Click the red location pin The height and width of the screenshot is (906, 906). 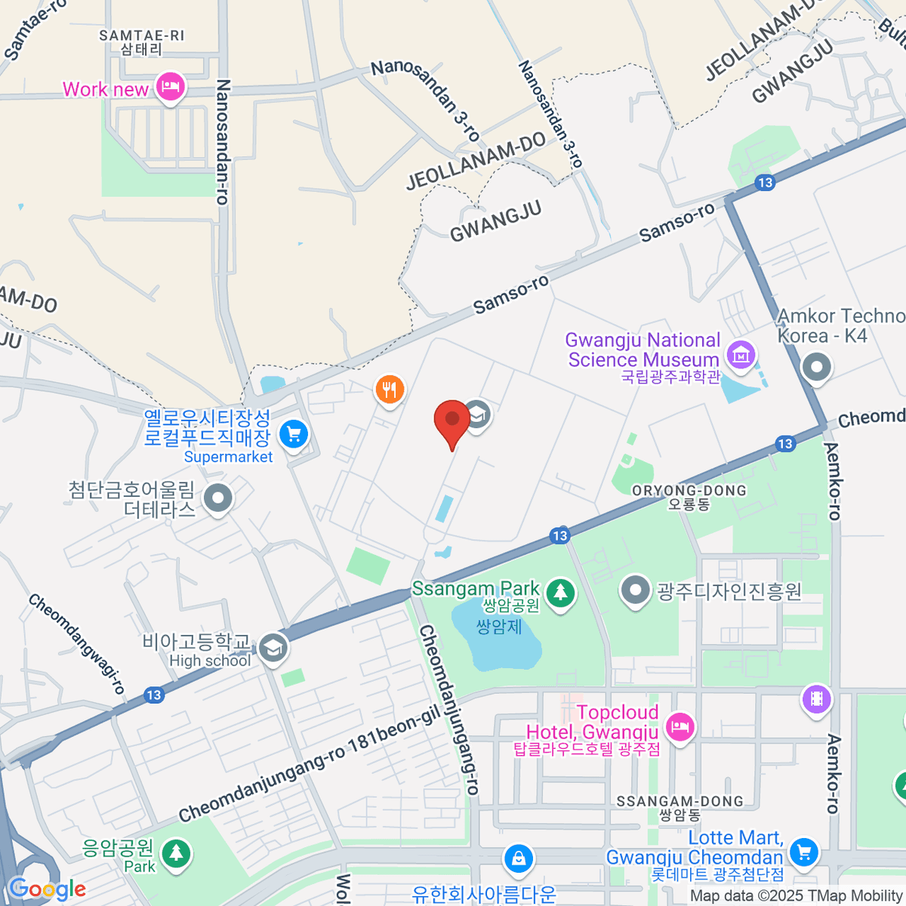452,421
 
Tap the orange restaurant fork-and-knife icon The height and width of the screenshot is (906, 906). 390,390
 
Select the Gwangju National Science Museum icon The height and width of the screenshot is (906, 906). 741,353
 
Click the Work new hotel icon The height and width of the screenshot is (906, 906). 170,87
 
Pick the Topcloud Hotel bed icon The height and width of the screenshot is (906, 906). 680,727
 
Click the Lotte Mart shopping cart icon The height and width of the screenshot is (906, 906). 804,852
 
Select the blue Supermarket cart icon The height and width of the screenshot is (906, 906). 294,434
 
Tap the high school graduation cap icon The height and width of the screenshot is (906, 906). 273,648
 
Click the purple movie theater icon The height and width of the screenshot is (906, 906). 817,698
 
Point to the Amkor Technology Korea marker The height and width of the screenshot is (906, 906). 816,369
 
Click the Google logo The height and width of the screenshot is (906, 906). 47,889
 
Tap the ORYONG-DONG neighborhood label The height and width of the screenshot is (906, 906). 689,497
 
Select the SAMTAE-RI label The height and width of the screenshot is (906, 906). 141,42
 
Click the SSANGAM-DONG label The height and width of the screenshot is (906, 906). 679,807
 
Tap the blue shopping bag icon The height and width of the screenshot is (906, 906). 519,858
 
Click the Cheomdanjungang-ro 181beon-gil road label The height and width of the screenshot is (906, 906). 309,765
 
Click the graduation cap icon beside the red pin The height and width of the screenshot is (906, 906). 477,413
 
